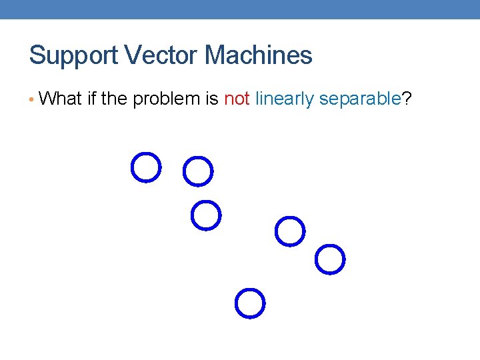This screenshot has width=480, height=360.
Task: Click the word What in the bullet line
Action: [x=61, y=99]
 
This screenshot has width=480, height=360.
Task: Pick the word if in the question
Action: [x=92, y=99]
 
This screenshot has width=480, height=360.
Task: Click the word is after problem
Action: [x=212, y=99]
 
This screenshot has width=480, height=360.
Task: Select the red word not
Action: [x=237, y=99]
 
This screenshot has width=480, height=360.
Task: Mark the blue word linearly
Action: [x=285, y=100]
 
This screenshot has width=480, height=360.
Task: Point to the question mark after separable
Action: [x=407, y=99]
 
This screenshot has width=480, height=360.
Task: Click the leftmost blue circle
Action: [x=146, y=167]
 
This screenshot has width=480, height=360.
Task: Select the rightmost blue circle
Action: [x=330, y=259]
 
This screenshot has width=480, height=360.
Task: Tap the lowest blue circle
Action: [x=250, y=303]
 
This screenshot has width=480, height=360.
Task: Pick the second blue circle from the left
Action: [x=198, y=171]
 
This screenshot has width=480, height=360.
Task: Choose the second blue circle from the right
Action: [x=290, y=231]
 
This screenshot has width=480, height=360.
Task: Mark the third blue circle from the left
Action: [x=206, y=215]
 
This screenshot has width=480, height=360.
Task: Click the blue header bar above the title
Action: [x=240, y=9]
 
